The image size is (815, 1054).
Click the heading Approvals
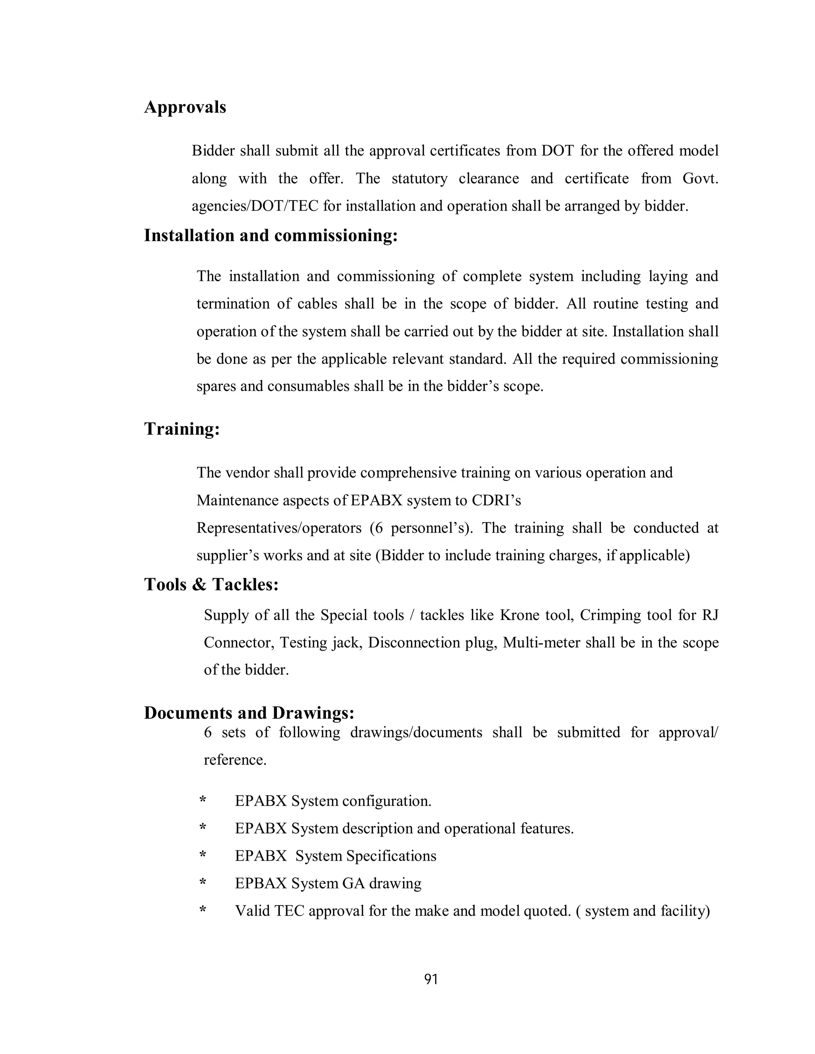tap(185, 107)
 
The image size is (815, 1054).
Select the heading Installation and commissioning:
tap(271, 235)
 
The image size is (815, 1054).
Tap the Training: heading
tap(182, 428)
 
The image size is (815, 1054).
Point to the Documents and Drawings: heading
tap(249, 713)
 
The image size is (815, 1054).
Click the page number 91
tap(431, 979)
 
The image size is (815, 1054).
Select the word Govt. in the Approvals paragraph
tap(700, 179)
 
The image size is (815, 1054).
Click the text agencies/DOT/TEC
tap(255, 206)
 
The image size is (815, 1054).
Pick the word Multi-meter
tap(541, 643)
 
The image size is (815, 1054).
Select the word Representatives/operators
tap(279, 528)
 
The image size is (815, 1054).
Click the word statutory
tap(419, 179)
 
